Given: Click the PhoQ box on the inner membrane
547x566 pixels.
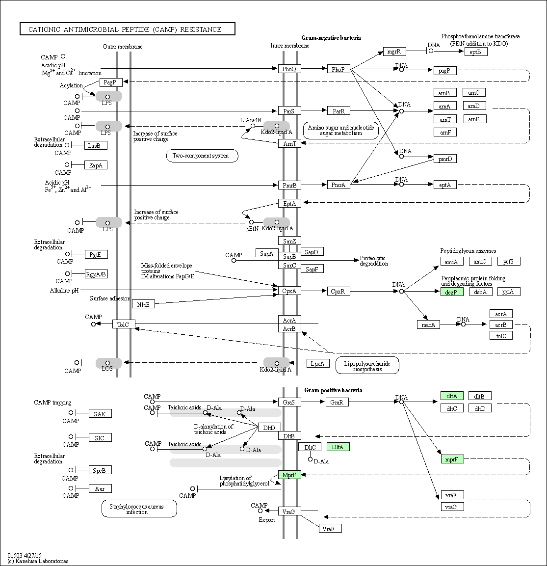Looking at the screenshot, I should [289, 69].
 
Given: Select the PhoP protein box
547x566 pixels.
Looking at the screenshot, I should [338, 69].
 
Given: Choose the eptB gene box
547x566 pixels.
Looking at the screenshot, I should [475, 52].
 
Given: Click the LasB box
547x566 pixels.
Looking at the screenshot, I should [95, 145].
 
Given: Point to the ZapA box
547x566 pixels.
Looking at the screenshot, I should [95, 165].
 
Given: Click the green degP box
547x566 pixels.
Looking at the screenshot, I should [452, 292].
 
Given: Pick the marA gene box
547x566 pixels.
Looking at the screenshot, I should [429, 324].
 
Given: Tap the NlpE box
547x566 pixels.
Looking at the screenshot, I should [143, 304].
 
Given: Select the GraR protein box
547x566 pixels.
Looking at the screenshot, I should [337, 402].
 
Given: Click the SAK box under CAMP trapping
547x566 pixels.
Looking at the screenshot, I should [100, 414].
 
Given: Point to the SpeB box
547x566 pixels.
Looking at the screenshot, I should [100, 470].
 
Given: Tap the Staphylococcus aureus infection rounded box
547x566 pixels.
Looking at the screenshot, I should [139, 509].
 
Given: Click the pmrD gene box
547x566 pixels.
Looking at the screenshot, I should [445, 158].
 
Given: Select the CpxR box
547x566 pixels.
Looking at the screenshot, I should [338, 291].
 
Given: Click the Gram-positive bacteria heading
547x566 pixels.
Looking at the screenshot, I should [333, 390].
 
